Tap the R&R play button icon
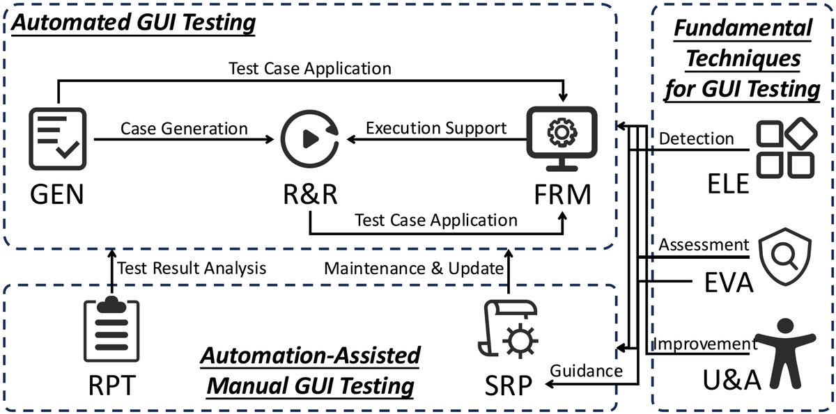click(309, 139)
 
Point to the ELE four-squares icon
click(785, 147)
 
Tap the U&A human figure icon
click(785, 353)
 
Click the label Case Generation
click(184, 128)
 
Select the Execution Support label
click(435, 128)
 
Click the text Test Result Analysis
click(192, 268)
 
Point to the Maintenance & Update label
click(413, 268)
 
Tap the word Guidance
click(586, 371)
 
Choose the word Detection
click(696, 138)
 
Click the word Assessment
click(704, 244)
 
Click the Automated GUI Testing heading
click(133, 23)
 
